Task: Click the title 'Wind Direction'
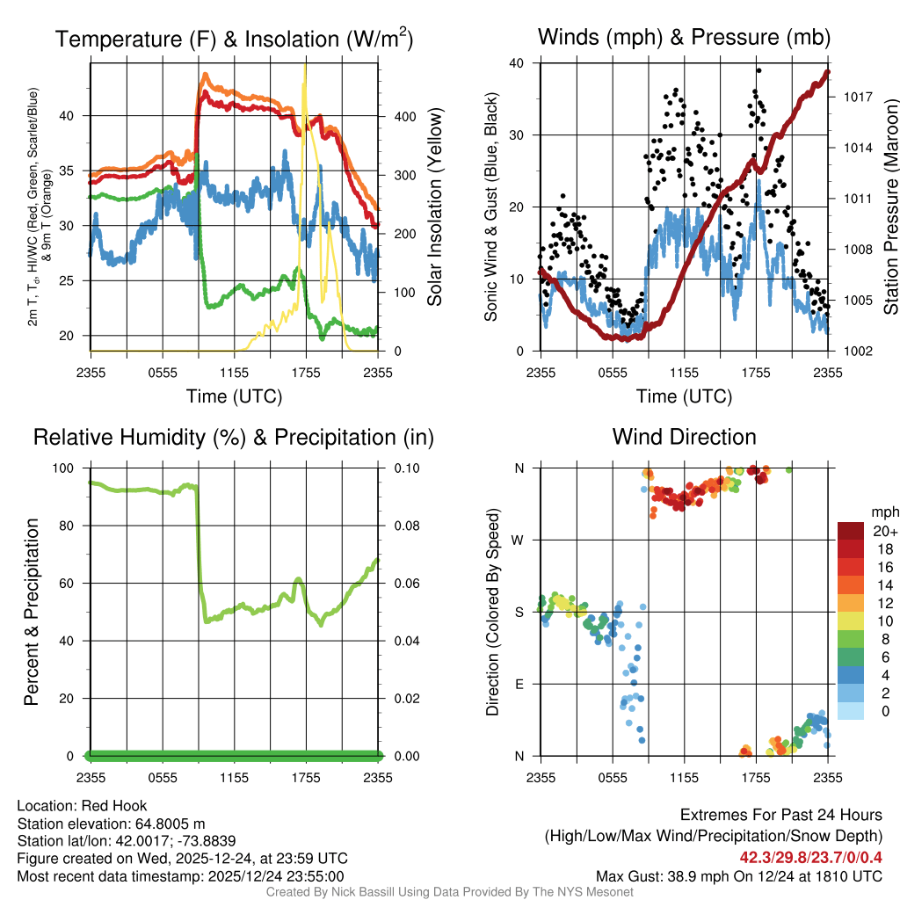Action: (x=684, y=437)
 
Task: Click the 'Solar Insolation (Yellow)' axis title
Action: (x=434, y=207)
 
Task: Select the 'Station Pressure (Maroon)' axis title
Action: (x=889, y=207)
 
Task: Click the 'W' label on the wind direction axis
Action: (x=519, y=541)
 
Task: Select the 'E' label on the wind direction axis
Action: (x=519, y=685)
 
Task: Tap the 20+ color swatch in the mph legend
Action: (x=850, y=531)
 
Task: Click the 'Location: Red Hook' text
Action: (x=82, y=805)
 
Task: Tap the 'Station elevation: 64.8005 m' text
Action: (x=111, y=824)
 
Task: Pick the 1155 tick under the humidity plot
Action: (x=235, y=777)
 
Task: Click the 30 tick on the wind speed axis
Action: (x=517, y=135)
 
